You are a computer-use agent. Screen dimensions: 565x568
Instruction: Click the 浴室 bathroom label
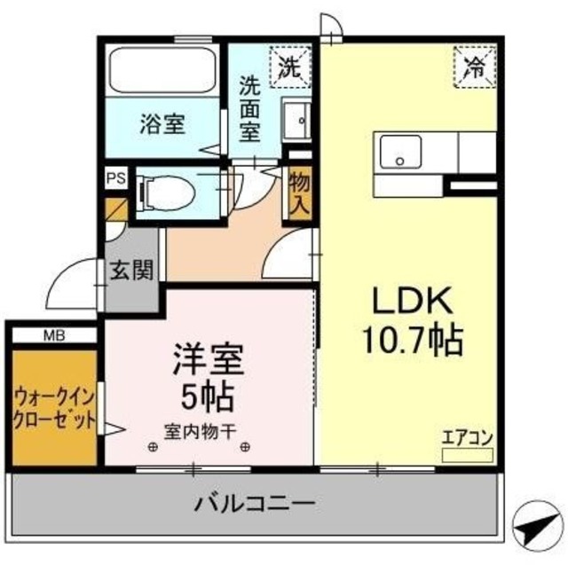point(162,124)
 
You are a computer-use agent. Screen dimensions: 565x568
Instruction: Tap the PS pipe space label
point(115,177)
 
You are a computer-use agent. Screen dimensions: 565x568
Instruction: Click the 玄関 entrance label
point(131,271)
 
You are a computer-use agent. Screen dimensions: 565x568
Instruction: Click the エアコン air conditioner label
point(467,436)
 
